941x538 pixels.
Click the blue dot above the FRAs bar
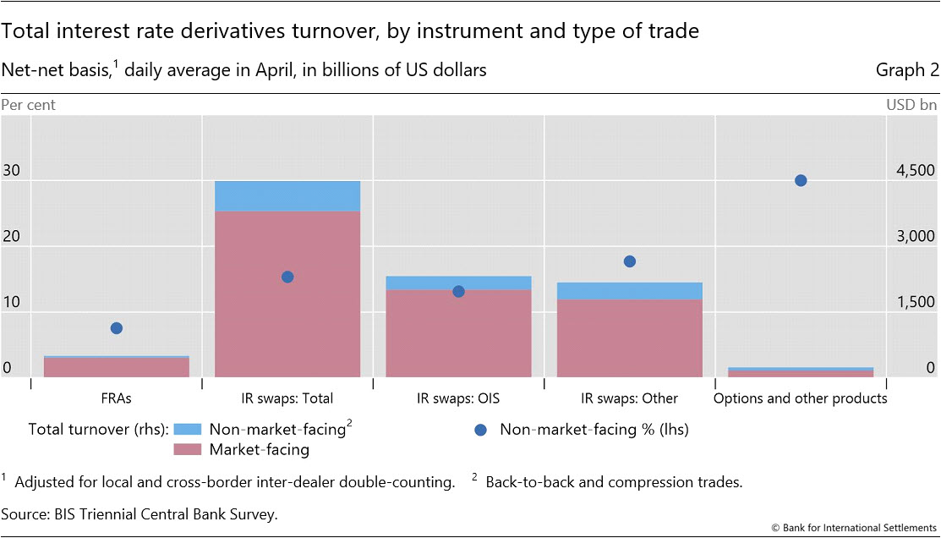click(x=117, y=328)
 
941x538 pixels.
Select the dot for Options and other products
click(x=801, y=180)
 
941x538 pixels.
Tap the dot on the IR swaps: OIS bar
click(x=458, y=291)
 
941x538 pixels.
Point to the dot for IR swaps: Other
click(x=630, y=261)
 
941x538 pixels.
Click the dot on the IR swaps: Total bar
click(x=287, y=277)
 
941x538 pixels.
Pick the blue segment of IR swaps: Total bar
click(x=287, y=196)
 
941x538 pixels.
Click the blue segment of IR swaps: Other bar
click(x=630, y=291)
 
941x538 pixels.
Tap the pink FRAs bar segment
click(x=117, y=367)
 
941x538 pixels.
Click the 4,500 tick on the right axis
click(x=915, y=171)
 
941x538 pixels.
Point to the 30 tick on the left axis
click(x=11, y=171)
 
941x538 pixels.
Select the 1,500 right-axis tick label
click(x=915, y=303)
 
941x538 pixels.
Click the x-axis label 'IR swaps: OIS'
click(x=458, y=398)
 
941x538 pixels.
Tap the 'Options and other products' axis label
click(x=801, y=398)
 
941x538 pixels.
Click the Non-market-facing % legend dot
click(x=481, y=430)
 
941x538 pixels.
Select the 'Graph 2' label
click(x=907, y=70)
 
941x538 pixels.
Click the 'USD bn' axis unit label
click(x=911, y=106)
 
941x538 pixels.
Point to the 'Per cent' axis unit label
click(x=29, y=106)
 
